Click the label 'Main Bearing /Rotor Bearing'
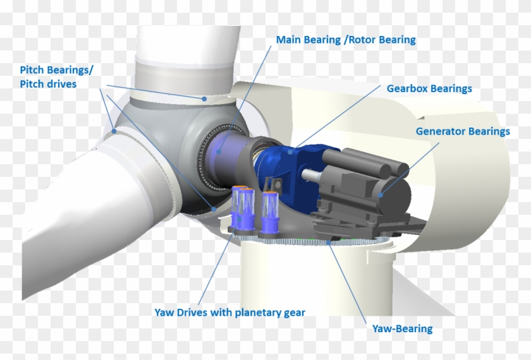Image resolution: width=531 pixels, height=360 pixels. coord(346,40)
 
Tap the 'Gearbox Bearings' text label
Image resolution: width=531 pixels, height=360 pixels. coord(429,88)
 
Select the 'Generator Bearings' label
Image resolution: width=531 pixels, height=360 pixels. coord(462,131)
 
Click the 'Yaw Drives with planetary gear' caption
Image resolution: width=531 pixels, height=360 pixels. coord(229,312)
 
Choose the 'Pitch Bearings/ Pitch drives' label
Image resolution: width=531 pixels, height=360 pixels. coord(58,76)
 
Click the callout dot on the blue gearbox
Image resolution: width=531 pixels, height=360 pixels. coord(291,150)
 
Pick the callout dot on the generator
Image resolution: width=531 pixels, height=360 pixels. coord(381,195)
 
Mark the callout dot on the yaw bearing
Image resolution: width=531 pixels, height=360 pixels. coord(330,241)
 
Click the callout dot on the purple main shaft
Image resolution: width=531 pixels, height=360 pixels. coord(219,152)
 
